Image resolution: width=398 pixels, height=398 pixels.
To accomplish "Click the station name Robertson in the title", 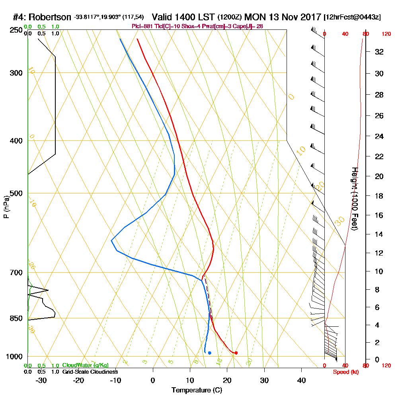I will tap(51, 17).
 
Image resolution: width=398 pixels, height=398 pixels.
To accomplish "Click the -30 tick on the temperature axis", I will tap(42, 380).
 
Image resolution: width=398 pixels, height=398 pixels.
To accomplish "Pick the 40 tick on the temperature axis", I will tap(301, 380).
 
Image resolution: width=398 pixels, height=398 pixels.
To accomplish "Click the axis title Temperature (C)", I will tap(197, 390).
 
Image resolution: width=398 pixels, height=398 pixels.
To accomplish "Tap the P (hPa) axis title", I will tap(6, 207).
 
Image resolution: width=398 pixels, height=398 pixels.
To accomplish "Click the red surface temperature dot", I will tap(236, 353).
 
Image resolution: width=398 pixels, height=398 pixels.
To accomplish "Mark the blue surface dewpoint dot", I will tap(209, 353).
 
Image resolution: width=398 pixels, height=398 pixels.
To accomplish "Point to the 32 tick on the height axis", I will tap(379, 51).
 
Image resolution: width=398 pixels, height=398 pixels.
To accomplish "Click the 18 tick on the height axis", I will tap(379, 196).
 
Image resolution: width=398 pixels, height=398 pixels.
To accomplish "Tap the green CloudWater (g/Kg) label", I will tap(85, 365).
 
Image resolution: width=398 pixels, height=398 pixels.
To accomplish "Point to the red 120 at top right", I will tap(386, 34).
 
